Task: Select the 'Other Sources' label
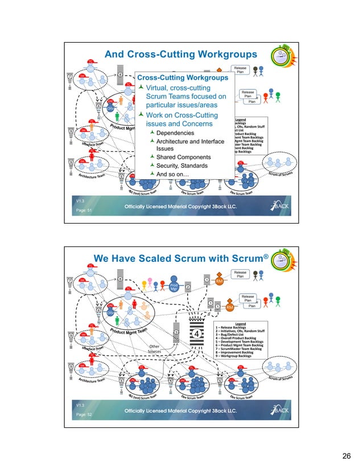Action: (155, 349)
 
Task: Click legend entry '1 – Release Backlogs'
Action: (236, 328)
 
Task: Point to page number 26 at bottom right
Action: (346, 455)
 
